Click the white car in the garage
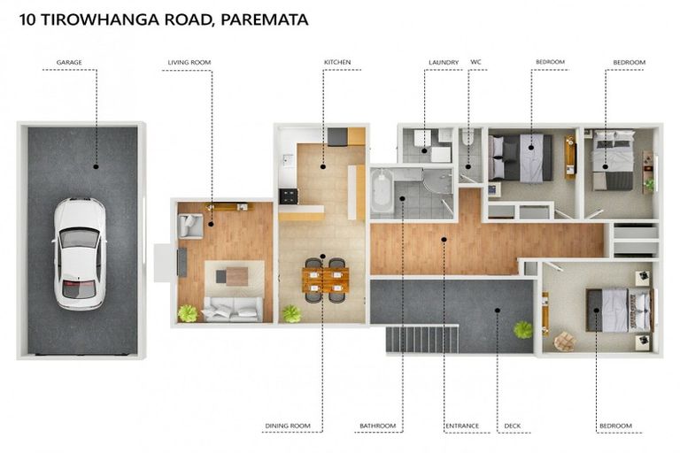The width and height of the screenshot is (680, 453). point(80,252)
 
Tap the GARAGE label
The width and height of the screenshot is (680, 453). point(70,63)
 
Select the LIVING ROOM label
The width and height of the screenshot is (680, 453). point(189,63)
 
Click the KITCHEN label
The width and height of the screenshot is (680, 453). point(337,63)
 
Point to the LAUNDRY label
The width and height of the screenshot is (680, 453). point(444,63)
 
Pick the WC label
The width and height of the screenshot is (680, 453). point(475,63)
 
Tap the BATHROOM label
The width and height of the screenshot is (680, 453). point(377,426)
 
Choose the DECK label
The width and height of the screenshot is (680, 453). point(513,426)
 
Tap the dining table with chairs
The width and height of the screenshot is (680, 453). point(324,279)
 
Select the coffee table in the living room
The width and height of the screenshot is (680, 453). point(236,276)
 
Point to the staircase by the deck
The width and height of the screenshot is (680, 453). point(421,338)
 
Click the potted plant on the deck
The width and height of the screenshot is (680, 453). point(523,329)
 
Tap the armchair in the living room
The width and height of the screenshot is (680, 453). point(190,226)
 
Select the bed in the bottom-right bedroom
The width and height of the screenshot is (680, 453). point(617,309)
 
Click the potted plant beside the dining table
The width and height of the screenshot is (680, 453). point(291,312)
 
